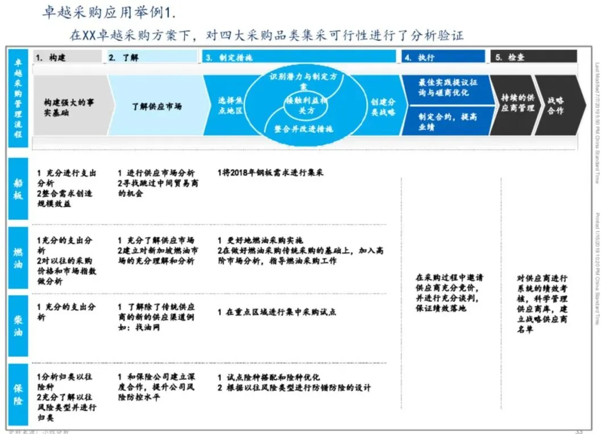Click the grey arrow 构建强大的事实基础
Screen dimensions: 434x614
point(69,107)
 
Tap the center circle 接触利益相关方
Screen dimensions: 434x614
point(307,105)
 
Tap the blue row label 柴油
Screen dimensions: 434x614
point(19,326)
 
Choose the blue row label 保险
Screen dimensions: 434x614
point(19,394)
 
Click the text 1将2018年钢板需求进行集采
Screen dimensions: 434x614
point(270,172)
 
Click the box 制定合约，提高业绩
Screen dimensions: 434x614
point(448,121)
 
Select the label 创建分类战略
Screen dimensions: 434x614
point(383,106)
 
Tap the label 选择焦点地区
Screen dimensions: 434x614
point(230,106)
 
